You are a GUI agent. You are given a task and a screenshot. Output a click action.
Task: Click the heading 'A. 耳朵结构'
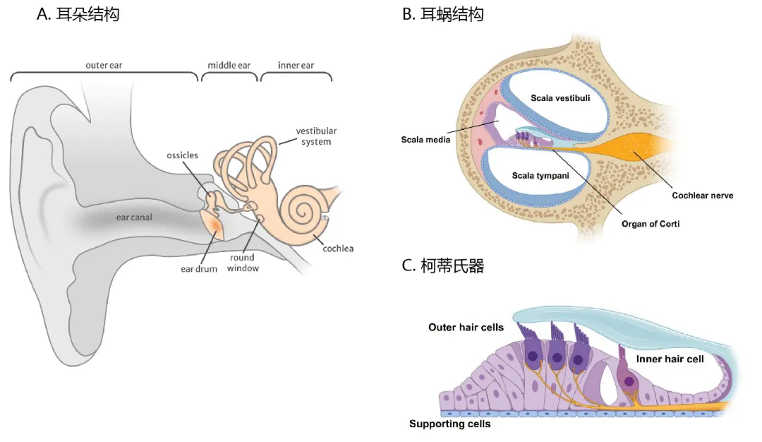pyautogui.click(x=78, y=14)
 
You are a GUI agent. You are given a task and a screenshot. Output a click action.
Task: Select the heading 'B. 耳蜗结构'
pyautogui.click(x=443, y=14)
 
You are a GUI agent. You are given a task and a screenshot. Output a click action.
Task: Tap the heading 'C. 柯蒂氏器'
pyautogui.click(x=443, y=266)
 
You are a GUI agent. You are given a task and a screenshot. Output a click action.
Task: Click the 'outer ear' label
pyautogui.click(x=105, y=66)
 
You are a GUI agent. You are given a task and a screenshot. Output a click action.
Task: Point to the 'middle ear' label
pyautogui.click(x=229, y=66)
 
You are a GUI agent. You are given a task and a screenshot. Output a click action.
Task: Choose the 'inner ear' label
pyautogui.click(x=296, y=66)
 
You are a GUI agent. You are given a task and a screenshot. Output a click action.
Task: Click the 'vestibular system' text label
pyautogui.click(x=316, y=136)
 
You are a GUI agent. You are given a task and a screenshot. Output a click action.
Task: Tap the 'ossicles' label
pyautogui.click(x=182, y=155)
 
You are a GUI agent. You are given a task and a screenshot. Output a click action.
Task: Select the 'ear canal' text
pyautogui.click(x=134, y=217)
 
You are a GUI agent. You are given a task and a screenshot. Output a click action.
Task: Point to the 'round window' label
pyautogui.click(x=243, y=263)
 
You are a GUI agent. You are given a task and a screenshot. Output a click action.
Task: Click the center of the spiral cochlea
pyautogui.click(x=305, y=210)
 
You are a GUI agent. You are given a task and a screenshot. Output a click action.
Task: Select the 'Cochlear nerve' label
pyautogui.click(x=702, y=195)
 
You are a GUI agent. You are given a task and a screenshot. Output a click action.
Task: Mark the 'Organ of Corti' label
pyautogui.click(x=649, y=225)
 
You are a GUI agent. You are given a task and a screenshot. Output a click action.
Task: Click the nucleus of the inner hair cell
pyautogui.click(x=629, y=381)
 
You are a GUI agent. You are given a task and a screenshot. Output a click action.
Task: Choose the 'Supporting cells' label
pyautogui.click(x=449, y=424)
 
